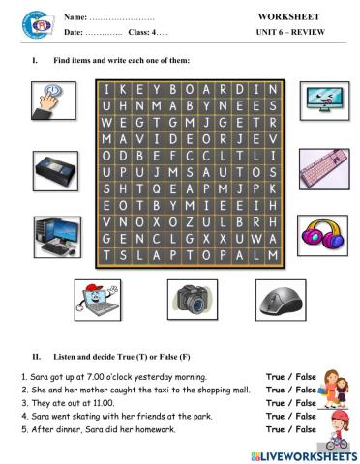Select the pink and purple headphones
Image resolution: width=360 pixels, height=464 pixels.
tap(323, 233)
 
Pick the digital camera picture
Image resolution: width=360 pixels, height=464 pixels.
tap(187, 300)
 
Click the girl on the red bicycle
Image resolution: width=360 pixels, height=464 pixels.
tap(339, 427)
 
